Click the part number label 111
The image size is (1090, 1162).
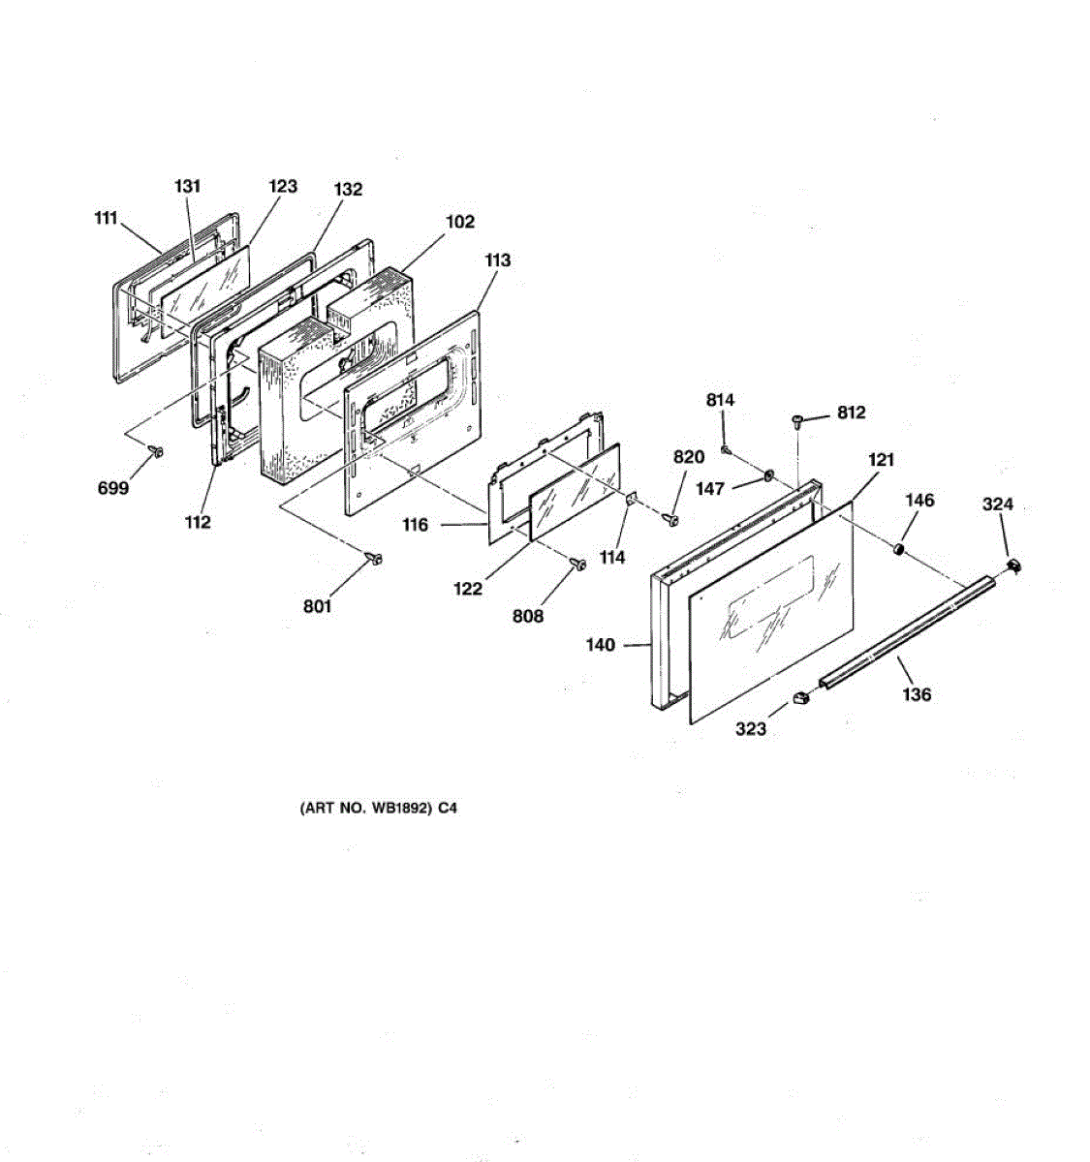pos(106,219)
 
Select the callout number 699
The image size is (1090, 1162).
pos(113,488)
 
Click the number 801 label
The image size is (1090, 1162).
pos(317,606)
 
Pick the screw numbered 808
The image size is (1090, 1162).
pos(579,564)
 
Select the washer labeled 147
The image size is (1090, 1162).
pos(767,475)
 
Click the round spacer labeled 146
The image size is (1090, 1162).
pos(899,550)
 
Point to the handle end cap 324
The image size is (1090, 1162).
pos(1014,566)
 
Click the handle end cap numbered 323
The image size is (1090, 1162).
pos(800,697)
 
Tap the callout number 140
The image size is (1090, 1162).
pos(601,645)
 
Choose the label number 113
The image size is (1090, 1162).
pos(497,260)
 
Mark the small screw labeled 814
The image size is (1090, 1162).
pos(726,448)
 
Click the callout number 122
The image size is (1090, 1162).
pos(468,588)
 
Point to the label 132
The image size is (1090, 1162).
pos(348,189)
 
